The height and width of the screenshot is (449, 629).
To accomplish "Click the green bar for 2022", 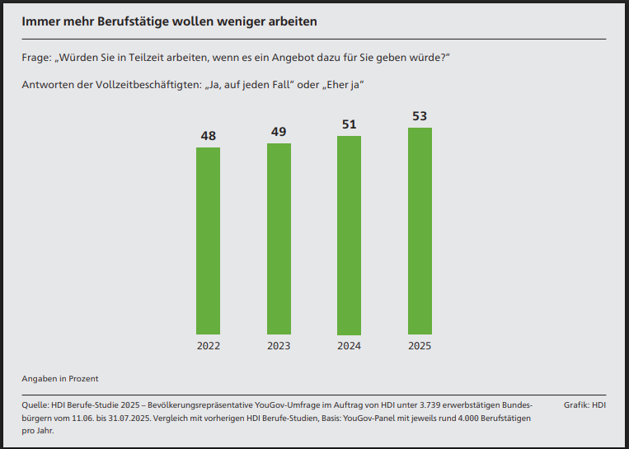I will tap(209, 241).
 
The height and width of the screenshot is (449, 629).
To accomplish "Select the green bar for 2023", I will tap(279, 239).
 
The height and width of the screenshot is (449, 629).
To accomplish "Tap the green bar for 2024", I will tap(349, 236).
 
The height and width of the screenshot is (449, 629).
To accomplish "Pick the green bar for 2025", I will tap(420, 232).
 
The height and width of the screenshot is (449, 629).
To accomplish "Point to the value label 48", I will tap(209, 136).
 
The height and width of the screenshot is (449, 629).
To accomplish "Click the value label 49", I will tap(279, 132).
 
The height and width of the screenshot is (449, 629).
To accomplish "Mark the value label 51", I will tap(349, 124).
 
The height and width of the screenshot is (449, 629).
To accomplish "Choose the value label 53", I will tap(420, 116).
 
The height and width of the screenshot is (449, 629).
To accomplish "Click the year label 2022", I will tap(209, 346).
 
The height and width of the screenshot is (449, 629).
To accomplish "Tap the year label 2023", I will tap(279, 346).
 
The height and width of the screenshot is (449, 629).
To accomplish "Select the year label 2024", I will tap(349, 346).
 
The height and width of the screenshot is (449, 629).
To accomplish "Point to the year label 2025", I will tap(420, 346).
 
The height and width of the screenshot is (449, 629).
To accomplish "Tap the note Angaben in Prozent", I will tap(60, 378).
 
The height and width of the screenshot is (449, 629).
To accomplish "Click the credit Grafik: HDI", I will tap(584, 405).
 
